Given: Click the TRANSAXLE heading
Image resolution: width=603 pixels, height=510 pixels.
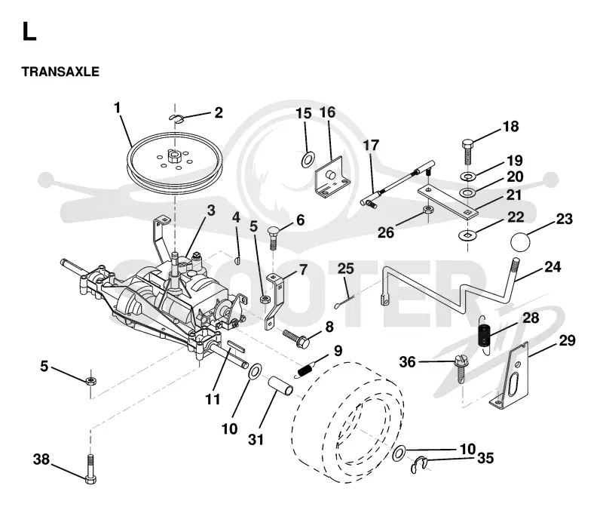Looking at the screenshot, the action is coord(60,72).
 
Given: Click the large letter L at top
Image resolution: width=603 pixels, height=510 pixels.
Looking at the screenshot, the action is coord(29,31).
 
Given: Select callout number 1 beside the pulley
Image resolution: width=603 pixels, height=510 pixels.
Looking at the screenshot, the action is coord(118,107).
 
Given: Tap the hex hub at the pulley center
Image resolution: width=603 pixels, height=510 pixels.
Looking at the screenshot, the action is coord(174,157).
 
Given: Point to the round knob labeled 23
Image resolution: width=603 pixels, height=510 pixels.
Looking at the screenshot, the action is coord(520,241).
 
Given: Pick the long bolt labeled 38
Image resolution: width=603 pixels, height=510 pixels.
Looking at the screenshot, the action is coord(90,469).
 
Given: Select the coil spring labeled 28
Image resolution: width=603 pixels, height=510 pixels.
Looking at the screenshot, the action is coord(485,334).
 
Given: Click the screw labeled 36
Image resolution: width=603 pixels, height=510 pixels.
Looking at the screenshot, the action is coord(460,368).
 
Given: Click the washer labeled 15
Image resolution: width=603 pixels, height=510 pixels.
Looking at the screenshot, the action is coord(308,159).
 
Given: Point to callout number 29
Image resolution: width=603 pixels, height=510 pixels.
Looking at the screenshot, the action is coord(567,340).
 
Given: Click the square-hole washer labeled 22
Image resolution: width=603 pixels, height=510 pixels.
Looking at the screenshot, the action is coord(467,234).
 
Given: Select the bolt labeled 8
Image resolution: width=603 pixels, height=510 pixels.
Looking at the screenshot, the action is coord(296,337).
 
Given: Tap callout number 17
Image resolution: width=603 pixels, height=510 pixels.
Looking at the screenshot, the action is coord(371,145).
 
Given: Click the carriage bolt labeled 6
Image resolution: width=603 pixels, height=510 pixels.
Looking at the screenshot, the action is coord(273,238).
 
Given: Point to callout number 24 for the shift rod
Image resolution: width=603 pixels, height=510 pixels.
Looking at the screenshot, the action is coord(552,267).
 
